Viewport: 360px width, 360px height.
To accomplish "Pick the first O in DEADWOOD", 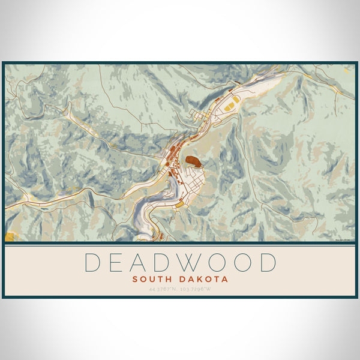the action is [217, 263].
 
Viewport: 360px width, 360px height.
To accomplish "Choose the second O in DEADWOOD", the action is [242, 263].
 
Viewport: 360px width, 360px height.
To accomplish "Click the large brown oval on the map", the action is [193, 161].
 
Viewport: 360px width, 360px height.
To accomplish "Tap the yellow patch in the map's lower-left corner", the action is [10, 235].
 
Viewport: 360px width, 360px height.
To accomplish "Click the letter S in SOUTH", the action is [134, 279].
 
